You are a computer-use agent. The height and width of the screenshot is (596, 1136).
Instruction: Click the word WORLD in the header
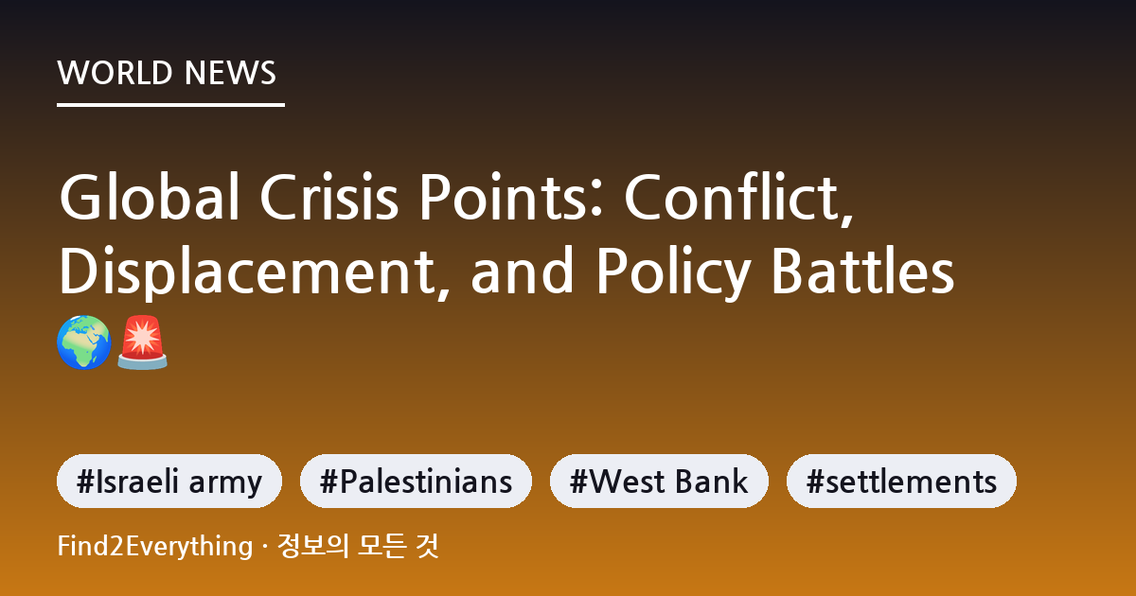(115, 73)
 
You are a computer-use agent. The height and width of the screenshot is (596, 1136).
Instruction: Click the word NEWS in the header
(230, 73)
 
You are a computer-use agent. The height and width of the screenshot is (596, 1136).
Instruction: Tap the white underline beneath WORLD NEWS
(170, 105)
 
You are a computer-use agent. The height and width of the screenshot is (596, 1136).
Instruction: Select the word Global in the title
(150, 197)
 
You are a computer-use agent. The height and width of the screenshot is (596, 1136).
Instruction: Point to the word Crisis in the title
(329, 197)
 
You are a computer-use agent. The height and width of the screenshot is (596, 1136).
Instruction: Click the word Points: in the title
(510, 197)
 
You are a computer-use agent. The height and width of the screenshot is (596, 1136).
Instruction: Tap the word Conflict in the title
(738, 198)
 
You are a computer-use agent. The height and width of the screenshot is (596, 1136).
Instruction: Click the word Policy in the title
(673, 272)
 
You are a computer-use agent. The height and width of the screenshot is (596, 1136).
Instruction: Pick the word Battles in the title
(863, 270)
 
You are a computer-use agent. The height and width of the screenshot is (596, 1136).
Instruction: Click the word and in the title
(522, 270)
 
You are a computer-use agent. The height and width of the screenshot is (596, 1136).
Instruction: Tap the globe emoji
(83, 342)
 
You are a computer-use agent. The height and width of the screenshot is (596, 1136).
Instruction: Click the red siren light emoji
(142, 342)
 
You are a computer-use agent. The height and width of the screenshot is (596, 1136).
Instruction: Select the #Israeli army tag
(169, 481)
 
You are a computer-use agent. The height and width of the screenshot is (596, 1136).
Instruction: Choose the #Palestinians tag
(416, 481)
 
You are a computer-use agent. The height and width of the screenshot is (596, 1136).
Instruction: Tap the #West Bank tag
(659, 481)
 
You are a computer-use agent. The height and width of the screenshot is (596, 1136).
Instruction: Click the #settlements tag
(901, 481)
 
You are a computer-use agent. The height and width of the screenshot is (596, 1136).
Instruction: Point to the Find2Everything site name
(155, 547)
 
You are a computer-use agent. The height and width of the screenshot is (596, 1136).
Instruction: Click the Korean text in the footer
(358, 546)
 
